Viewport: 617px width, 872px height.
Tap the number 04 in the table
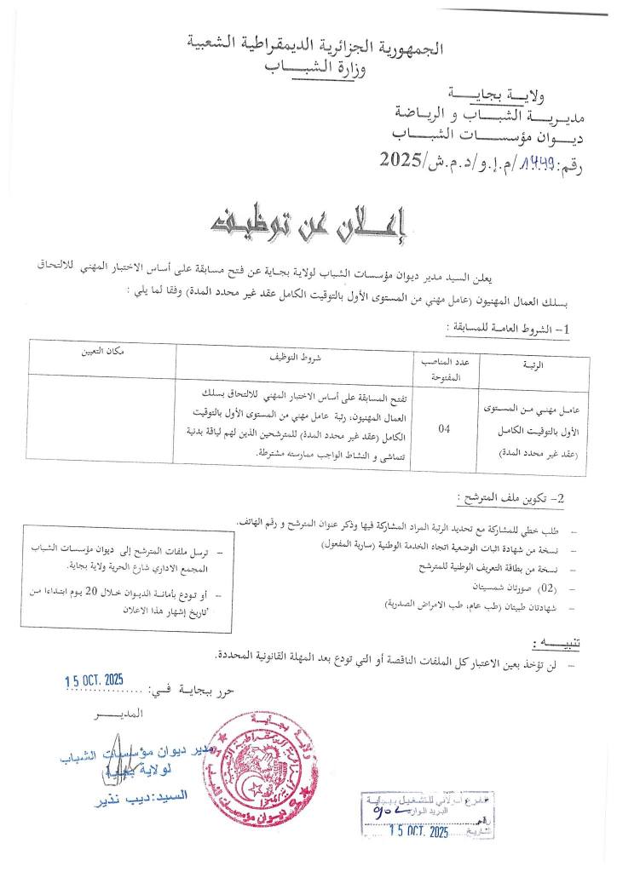(x=444, y=429)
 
